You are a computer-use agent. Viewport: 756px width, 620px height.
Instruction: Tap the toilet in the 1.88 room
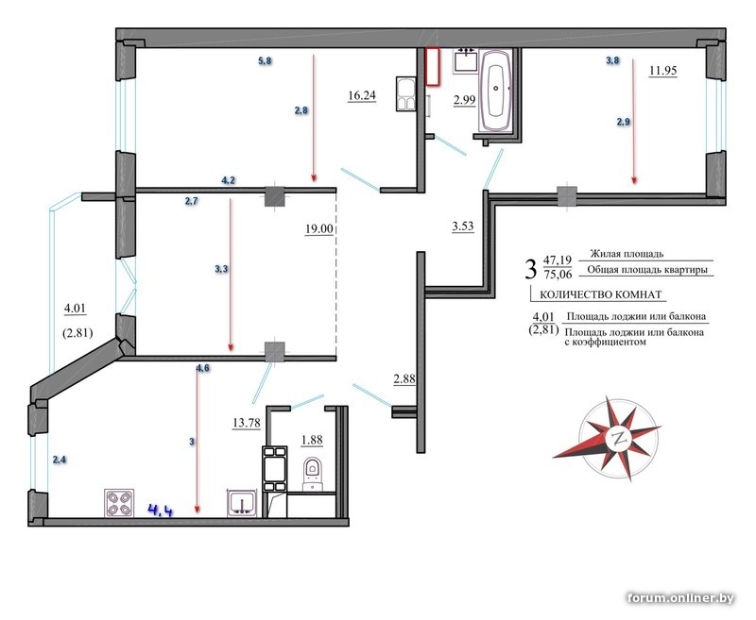(x=313, y=474)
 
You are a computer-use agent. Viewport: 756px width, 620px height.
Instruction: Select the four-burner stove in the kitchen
(x=120, y=503)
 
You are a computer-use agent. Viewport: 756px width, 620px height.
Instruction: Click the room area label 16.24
(x=362, y=96)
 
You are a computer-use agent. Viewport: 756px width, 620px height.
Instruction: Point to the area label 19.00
(x=319, y=228)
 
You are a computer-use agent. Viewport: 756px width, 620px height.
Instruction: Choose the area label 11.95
(x=663, y=70)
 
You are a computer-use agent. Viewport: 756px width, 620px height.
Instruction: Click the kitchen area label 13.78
(x=247, y=423)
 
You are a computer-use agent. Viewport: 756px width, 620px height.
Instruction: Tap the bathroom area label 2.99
(x=464, y=100)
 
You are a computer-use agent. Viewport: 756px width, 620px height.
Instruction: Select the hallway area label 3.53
(x=463, y=226)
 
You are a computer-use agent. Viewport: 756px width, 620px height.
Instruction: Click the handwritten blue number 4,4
(x=161, y=510)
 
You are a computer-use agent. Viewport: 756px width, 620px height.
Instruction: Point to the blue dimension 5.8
(x=265, y=61)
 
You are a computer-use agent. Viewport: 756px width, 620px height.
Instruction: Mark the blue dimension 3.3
(x=221, y=270)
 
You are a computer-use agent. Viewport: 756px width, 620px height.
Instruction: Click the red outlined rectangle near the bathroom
(x=433, y=66)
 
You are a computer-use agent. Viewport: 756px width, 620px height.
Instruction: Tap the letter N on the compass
(x=620, y=439)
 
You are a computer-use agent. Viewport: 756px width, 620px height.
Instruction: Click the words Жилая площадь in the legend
(x=627, y=254)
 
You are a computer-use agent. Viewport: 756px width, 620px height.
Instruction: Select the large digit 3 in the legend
(x=530, y=269)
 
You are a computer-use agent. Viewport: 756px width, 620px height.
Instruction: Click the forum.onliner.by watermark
(x=680, y=598)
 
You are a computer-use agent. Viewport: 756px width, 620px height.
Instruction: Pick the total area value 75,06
(x=558, y=275)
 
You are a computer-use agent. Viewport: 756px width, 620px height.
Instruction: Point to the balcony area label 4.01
(x=76, y=308)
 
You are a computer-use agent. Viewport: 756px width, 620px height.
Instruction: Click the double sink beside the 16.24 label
(x=406, y=93)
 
